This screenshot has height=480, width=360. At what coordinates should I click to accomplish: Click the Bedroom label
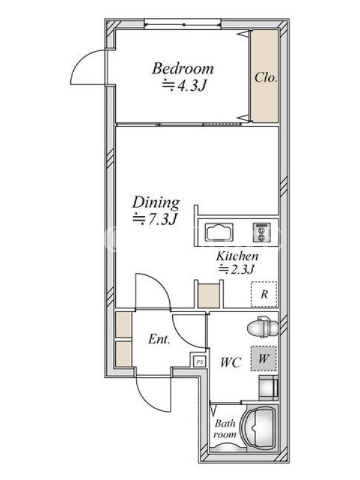point(183,68)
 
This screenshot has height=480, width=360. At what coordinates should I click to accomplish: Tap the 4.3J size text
point(183,85)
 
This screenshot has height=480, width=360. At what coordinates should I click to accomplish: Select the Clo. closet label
point(266,77)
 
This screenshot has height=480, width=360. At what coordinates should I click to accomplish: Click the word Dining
point(156,203)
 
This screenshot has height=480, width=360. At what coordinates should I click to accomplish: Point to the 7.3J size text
point(155,220)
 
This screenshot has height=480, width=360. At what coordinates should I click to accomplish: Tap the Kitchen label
point(237,256)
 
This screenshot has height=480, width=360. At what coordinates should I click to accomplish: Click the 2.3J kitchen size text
point(236,269)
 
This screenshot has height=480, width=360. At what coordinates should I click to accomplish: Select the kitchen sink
point(219,232)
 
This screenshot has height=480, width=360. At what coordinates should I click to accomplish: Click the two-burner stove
point(262,232)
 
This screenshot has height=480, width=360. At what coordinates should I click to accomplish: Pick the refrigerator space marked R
point(264,294)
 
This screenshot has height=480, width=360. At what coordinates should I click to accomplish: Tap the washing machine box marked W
point(263,358)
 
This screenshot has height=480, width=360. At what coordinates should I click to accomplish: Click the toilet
point(262,327)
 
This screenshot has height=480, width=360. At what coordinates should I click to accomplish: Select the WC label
point(231,362)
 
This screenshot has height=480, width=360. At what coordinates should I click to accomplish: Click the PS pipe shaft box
point(199,362)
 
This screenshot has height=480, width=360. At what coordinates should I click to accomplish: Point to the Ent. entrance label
point(159,339)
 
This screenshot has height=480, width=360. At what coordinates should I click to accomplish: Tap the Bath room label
point(226,429)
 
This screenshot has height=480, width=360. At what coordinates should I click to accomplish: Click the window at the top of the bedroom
point(182,24)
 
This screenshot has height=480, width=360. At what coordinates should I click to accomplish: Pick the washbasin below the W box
point(268,388)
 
